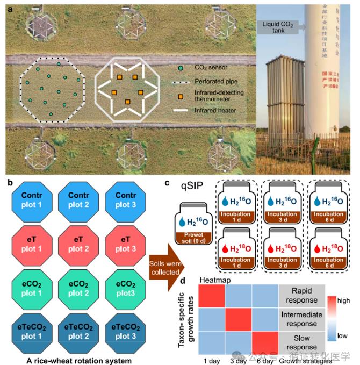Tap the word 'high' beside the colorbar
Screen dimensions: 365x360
click(x=342, y=302)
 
